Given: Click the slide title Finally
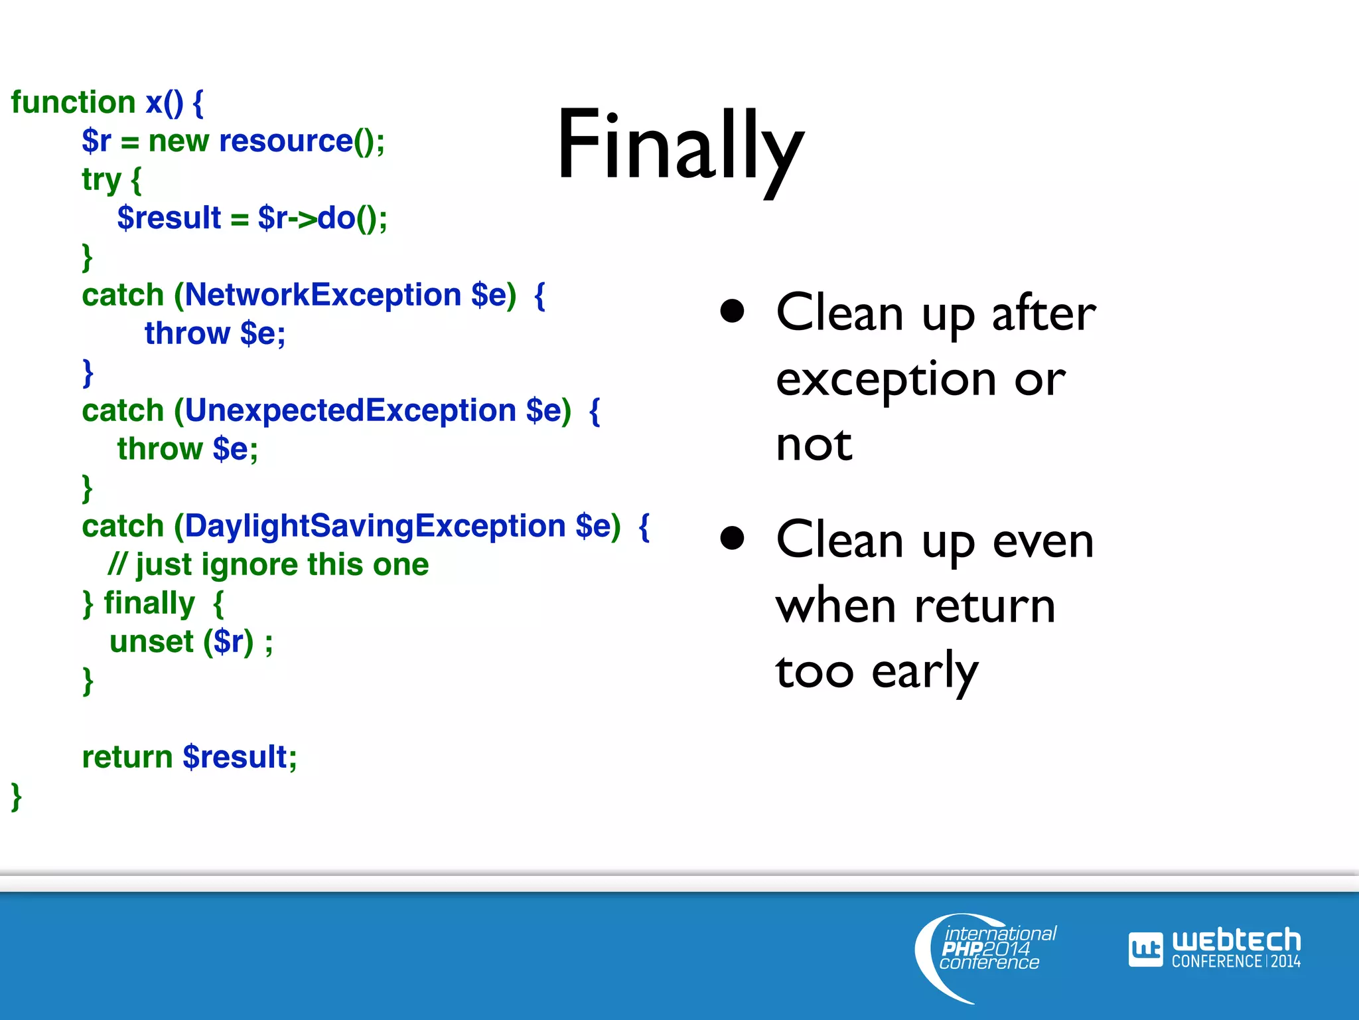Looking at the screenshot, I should [679, 146].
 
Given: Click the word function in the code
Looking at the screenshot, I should [73, 102].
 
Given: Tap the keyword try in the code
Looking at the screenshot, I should [101, 179].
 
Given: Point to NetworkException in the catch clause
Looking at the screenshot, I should [322, 295].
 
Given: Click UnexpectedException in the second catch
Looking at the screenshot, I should [350, 410].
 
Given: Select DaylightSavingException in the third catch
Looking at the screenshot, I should [374, 526].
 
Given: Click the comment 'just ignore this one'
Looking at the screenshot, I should [281, 564].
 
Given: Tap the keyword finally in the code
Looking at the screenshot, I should [149, 603].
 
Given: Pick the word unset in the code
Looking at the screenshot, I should [151, 641].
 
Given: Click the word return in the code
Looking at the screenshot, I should [127, 757].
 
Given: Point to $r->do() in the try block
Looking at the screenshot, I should [321, 218].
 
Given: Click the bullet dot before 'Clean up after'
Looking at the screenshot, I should [732, 311].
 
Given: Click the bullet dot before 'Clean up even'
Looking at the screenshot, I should [732, 538].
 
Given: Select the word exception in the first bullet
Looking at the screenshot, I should [885, 380].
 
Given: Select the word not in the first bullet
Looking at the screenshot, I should [814, 445].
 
